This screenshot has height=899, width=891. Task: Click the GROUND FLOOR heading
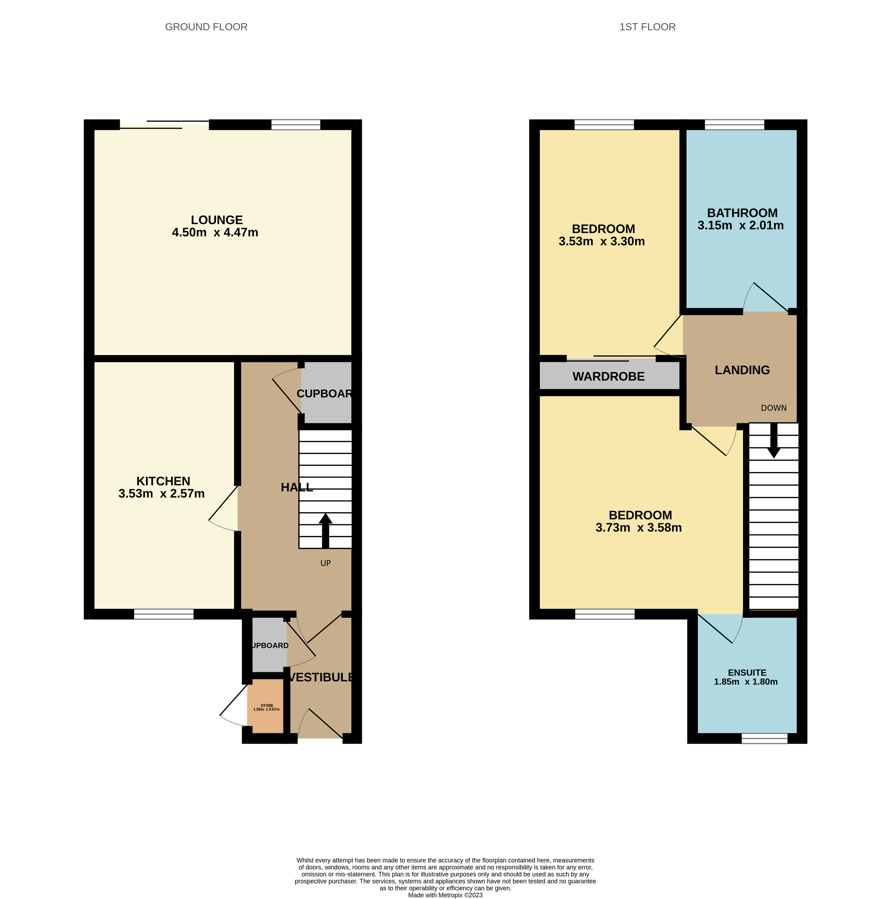(x=206, y=27)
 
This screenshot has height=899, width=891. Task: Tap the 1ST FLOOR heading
(x=647, y=27)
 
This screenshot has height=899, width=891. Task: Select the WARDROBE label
(x=608, y=377)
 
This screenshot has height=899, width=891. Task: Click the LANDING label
(x=742, y=370)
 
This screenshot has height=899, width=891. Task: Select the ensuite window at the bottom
(x=764, y=739)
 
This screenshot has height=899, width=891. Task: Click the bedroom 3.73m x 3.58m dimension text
(x=639, y=528)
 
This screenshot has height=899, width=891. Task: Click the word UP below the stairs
(x=325, y=563)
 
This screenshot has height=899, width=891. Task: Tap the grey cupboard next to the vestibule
(x=269, y=645)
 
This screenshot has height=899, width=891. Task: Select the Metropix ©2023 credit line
(x=445, y=895)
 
